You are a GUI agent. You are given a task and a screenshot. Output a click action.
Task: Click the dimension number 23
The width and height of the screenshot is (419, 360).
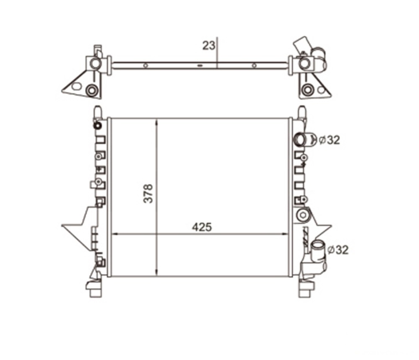click(209, 46)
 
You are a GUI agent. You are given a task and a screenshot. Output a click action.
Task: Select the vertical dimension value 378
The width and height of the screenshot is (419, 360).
click(148, 193)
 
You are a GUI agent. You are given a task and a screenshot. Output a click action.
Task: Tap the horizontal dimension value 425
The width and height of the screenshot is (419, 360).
click(202, 227)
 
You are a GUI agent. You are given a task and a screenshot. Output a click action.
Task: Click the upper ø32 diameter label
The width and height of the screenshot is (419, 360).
click(330, 140)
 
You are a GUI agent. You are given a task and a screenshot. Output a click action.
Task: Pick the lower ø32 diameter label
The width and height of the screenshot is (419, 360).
click(338, 250)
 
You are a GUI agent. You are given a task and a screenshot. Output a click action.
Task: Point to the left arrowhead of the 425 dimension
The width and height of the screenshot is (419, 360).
click(115, 234)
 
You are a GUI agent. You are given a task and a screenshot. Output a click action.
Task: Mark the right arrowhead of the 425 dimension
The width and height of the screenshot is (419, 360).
click(286, 234)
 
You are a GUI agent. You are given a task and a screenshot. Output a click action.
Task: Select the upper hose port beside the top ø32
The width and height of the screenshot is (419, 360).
click(301, 140)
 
